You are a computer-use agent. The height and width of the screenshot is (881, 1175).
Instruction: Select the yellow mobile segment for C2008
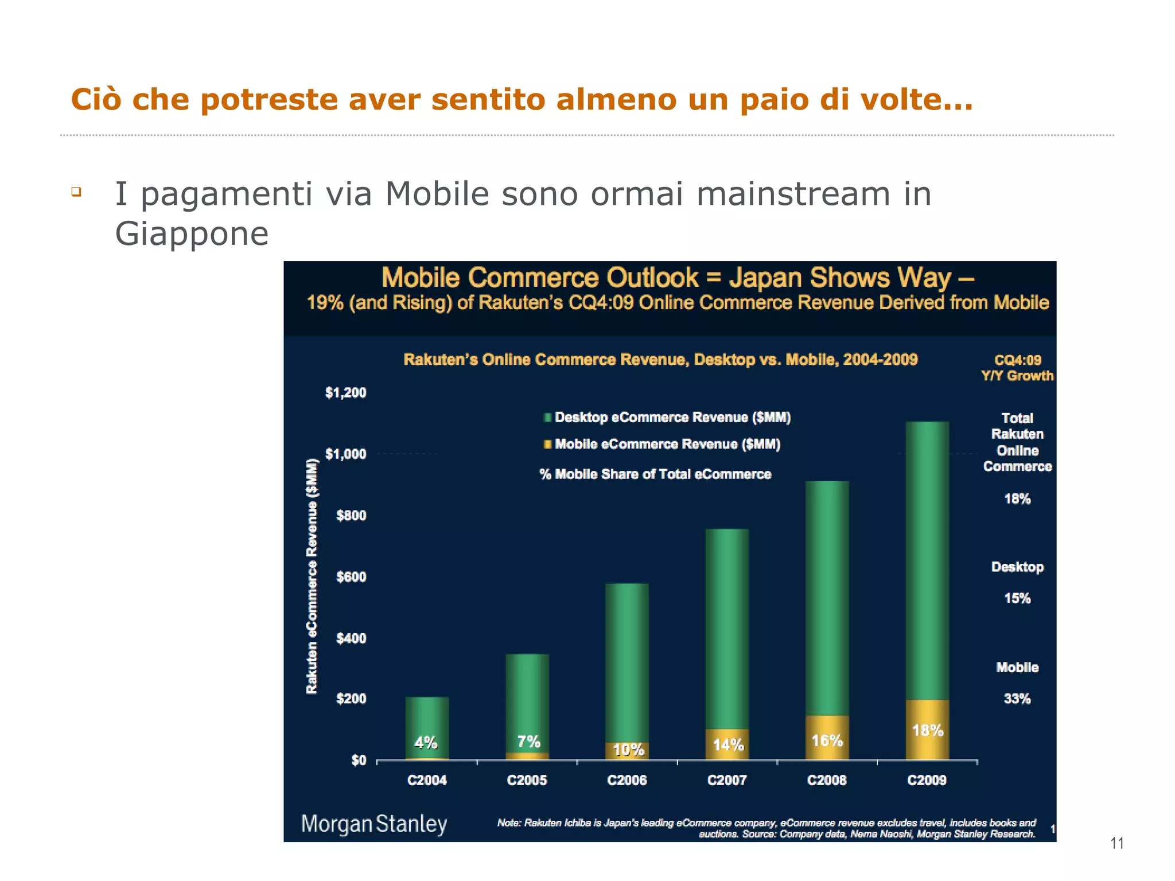coord(827,738)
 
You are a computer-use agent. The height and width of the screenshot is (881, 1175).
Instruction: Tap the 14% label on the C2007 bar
coord(728,744)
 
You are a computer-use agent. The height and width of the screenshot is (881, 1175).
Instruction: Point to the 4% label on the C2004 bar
coord(426,742)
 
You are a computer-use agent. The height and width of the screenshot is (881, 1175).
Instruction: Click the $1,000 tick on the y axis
coord(345,454)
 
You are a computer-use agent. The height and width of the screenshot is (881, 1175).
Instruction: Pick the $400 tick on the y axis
coord(351,638)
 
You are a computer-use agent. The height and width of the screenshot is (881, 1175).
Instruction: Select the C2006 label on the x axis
coord(627,780)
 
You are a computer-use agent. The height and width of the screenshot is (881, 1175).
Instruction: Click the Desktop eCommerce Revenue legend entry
coord(672,417)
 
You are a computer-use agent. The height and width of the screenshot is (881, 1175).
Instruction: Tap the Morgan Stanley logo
coord(374,824)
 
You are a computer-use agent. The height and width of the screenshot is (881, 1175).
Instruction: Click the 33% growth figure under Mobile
coord(1017,699)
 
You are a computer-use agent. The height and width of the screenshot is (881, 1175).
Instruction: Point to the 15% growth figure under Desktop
coord(1017,598)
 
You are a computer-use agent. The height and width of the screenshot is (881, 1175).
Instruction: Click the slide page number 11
coord(1116,843)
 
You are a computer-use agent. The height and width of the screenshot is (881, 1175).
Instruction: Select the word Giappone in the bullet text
coord(192,233)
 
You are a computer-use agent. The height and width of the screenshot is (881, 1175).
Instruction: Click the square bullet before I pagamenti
coord(76,192)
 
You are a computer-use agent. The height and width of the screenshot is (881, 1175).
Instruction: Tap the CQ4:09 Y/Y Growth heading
coord(1017,368)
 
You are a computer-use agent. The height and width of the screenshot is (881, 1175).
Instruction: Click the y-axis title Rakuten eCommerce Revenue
coord(312,576)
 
